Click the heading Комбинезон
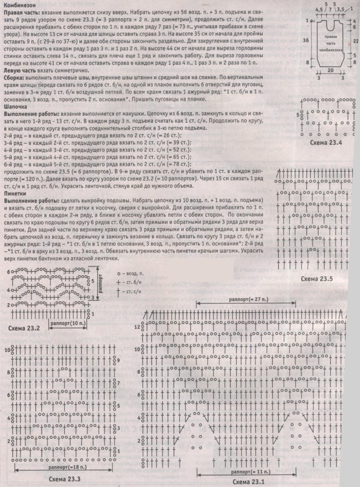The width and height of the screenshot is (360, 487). (x=21, y=5)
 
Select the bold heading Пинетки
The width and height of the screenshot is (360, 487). (x=17, y=194)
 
